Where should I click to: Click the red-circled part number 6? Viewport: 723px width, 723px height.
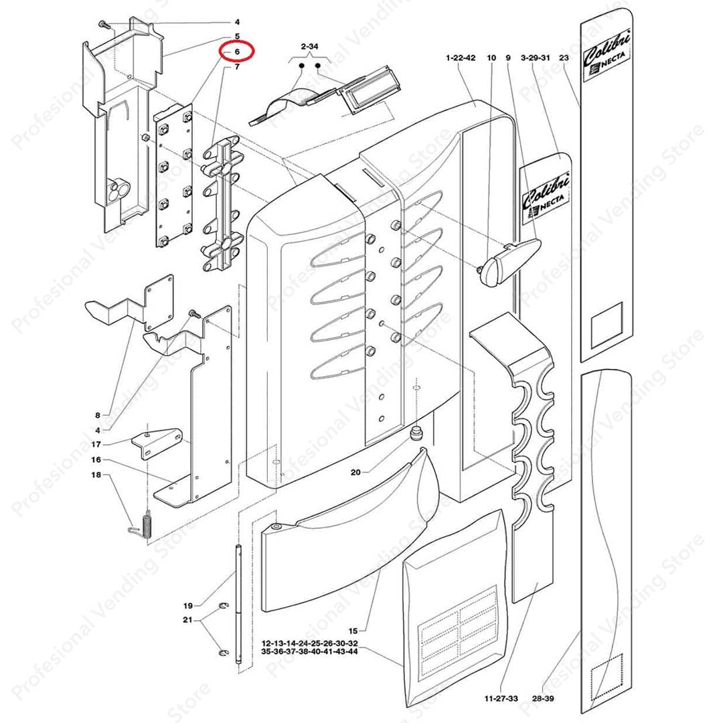237,52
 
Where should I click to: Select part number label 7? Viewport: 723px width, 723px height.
237,67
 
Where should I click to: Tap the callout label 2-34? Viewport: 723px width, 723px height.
309,47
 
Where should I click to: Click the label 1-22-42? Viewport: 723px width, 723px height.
461,58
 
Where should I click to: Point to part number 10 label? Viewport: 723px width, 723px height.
491,58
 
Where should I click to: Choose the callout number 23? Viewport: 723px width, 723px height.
564,58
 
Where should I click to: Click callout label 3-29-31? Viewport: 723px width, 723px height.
536,58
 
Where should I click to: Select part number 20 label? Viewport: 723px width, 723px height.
355,472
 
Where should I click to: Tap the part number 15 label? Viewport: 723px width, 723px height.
353,631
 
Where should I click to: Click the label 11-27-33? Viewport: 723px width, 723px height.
501,698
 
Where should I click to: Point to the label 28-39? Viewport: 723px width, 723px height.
543,698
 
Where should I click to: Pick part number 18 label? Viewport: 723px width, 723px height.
96,475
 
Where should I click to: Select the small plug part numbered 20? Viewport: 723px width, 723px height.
417,433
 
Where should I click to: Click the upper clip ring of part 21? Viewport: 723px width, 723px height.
224,605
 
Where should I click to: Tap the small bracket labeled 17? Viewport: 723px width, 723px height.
157,443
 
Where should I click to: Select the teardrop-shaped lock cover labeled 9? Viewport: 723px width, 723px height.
509,259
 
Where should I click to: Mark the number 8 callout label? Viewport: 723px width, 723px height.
97,416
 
